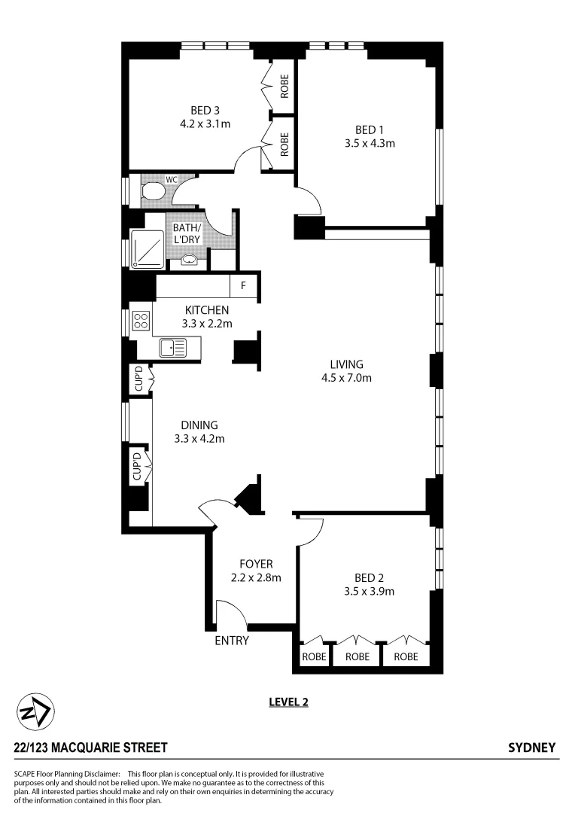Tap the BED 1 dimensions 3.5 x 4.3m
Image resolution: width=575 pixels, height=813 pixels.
coord(370,143)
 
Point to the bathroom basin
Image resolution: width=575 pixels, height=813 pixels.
coord(190,260)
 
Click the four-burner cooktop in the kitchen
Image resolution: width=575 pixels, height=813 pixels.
coord(141,321)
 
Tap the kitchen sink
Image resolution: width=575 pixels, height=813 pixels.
coord(174,347)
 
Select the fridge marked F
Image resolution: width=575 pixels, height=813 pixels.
coord(243,286)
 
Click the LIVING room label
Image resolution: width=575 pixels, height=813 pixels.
coord(346,364)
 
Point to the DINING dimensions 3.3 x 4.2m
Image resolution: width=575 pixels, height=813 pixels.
coord(199,438)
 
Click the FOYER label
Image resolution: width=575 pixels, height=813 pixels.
coord(256,564)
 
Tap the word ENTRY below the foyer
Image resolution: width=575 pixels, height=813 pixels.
coord(232,641)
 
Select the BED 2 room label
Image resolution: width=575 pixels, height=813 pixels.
coord(370,578)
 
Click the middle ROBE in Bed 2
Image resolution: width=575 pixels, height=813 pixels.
coord(357,656)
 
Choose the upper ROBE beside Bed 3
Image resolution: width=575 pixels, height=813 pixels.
coord(284,87)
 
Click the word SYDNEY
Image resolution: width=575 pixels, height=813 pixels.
coord(532,748)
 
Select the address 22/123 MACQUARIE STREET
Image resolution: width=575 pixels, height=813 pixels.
coord(90,748)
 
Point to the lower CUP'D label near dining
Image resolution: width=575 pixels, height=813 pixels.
coord(138,467)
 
